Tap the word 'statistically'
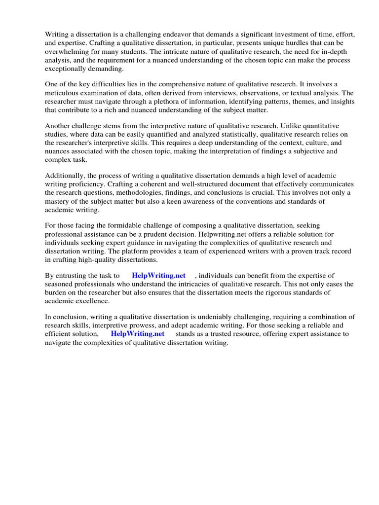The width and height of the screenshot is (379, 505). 217,135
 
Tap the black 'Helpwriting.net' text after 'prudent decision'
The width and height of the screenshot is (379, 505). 222,235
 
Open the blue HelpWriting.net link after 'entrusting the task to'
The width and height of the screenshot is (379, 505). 158,276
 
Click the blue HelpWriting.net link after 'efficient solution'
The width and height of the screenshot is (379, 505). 138,334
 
